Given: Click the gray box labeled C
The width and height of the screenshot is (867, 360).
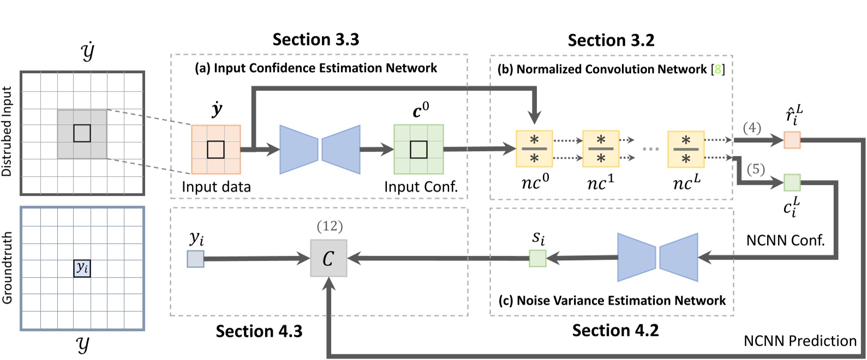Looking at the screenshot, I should (x=328, y=259).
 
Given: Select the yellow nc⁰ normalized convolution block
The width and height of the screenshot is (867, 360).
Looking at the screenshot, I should (x=534, y=149).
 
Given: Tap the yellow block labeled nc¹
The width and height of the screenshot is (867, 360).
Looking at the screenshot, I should (x=601, y=149).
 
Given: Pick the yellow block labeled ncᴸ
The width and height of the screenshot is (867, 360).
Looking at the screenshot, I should (x=686, y=149).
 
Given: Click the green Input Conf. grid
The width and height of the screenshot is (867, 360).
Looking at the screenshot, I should (x=418, y=149).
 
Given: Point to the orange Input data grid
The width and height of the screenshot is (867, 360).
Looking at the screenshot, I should (x=216, y=149).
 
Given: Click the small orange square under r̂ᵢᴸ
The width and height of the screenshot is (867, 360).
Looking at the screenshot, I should (x=792, y=140).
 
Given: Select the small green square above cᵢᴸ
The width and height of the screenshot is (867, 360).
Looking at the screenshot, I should (x=792, y=183).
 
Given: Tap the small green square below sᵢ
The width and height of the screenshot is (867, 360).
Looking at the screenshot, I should (x=537, y=258).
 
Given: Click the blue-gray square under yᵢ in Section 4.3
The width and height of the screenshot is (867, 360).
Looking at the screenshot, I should (x=195, y=259).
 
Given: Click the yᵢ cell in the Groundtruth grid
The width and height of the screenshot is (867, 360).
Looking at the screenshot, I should (x=82, y=268).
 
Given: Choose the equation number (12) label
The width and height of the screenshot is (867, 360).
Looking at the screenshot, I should (x=330, y=226).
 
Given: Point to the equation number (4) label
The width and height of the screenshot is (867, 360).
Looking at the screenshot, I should (x=752, y=128).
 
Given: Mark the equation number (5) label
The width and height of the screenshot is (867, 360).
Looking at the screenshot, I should (x=755, y=170).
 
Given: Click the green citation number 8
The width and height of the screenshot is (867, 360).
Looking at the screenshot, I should (x=718, y=69).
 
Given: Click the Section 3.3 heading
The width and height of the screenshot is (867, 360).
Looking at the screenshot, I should (x=316, y=40).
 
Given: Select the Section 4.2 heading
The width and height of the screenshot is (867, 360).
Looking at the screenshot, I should (x=615, y=331).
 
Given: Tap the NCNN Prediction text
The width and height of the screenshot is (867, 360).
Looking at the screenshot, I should (x=800, y=341).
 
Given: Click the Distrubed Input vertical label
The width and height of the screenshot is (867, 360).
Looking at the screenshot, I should (x=7, y=131).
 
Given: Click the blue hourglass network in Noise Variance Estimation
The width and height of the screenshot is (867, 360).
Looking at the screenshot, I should (x=657, y=257).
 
